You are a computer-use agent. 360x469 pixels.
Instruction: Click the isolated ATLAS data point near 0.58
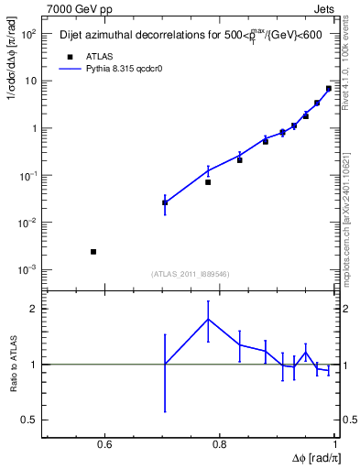(93, 251)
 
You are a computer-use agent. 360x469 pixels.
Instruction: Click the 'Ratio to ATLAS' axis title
(14, 364)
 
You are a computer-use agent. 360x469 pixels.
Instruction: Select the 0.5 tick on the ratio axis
(32, 420)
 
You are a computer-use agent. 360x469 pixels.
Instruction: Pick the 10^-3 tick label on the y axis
(27, 269)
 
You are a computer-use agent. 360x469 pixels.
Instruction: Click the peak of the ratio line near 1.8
(208, 319)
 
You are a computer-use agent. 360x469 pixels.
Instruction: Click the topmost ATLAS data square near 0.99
(329, 89)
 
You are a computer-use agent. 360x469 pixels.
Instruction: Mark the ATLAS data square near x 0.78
(208, 182)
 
